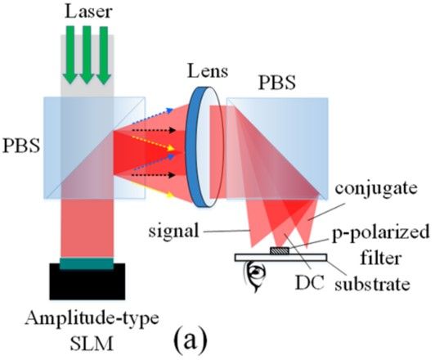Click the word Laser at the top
pyautogui.click(x=88, y=11)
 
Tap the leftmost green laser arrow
pyautogui.click(x=70, y=55)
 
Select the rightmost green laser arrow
pyautogui.click(x=104, y=56)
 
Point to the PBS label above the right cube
pyautogui.click(x=277, y=82)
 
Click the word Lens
pyautogui.click(x=208, y=70)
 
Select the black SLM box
pyautogui.click(x=87, y=281)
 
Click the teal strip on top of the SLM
pyautogui.click(x=87, y=263)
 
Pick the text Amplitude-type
pyautogui.click(x=92, y=318)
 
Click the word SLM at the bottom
pyautogui.click(x=92, y=343)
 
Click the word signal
pyautogui.click(x=173, y=231)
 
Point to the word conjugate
pyautogui.click(x=376, y=188)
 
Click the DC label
pyautogui.click(x=310, y=283)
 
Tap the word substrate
pyautogui.click(x=372, y=284)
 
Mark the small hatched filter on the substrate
pyautogui.click(x=280, y=250)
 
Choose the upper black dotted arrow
pyautogui.click(x=154, y=130)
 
